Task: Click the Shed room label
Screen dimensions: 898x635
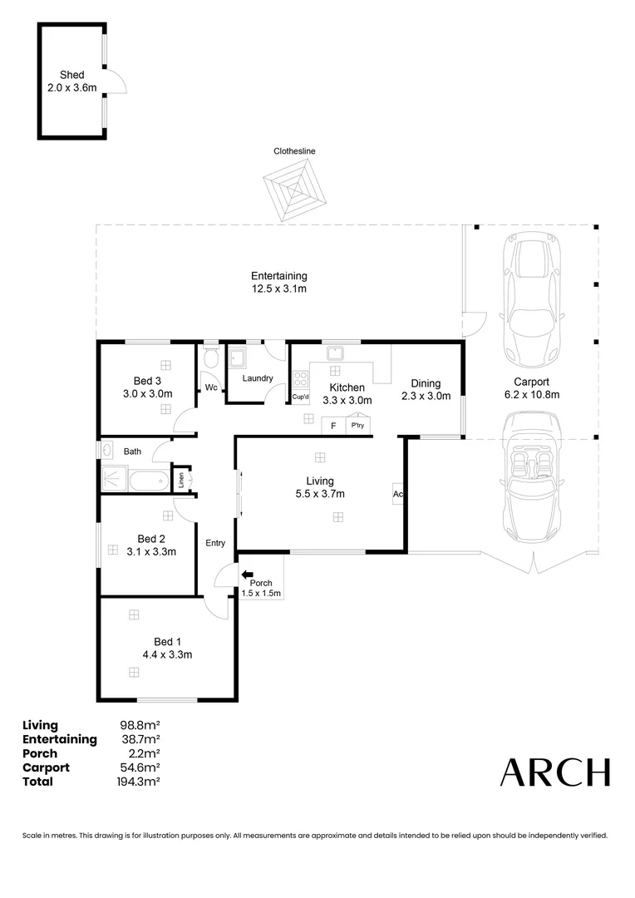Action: pos(72,75)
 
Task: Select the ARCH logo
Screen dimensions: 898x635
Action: pos(554,772)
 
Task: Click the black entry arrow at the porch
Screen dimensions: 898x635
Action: pos(247,574)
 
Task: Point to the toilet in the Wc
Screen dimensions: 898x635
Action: pos(210,358)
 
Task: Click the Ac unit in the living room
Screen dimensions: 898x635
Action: pos(398,493)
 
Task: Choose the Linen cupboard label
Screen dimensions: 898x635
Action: pos(180,479)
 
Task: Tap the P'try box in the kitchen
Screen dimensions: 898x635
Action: pos(357,426)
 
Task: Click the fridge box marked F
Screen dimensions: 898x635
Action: pos(333,426)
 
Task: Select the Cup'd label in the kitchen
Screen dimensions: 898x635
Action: pos(300,397)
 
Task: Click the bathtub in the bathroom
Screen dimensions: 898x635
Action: pos(149,480)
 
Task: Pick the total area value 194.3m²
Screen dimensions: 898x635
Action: pos(140,782)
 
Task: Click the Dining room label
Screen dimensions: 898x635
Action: pos(425,383)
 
